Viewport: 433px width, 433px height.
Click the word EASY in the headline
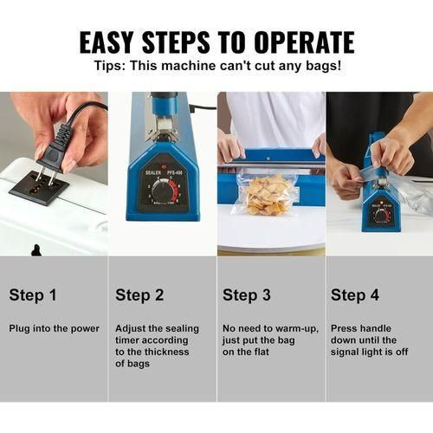pyautogui.click(x=106, y=42)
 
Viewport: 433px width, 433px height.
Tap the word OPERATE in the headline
pyautogui.click(x=304, y=42)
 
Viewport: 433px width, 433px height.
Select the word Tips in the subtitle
pyautogui.click(x=110, y=66)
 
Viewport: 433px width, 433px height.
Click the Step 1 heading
pyautogui.click(x=33, y=295)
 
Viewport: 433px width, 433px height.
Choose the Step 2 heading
pyautogui.click(x=139, y=295)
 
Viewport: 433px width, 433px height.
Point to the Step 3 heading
pyautogui.click(x=247, y=295)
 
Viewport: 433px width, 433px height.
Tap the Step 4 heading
pyautogui.click(x=355, y=295)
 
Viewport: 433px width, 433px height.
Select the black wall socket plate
pyautogui.click(x=39, y=188)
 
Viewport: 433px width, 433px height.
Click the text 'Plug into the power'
pyautogui.click(x=55, y=328)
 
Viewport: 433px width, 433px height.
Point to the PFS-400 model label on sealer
pyautogui.click(x=175, y=172)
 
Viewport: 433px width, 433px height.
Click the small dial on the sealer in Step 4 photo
pyautogui.click(x=382, y=216)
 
